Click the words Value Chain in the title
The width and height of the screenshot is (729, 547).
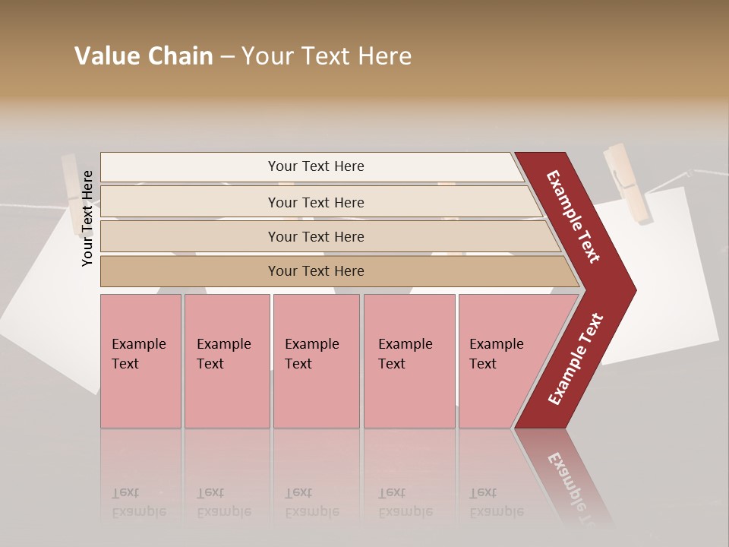click(x=144, y=56)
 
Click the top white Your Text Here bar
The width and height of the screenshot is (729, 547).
click(x=315, y=166)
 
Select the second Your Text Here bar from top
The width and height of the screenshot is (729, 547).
click(x=315, y=202)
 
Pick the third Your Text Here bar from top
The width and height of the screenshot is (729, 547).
click(x=315, y=236)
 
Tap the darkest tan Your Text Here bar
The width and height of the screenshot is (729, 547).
click(x=315, y=271)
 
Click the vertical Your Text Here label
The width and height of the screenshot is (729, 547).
click(x=87, y=218)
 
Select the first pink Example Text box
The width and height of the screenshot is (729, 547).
click(x=140, y=360)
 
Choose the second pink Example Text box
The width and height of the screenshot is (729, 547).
click(x=226, y=360)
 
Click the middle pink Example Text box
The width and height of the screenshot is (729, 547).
click(x=316, y=360)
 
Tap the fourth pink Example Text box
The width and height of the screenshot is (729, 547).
click(x=409, y=360)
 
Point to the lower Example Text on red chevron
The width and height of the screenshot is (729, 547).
click(x=576, y=359)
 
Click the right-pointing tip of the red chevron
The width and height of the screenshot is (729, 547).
click(x=631, y=290)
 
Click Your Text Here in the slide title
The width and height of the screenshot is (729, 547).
click(x=327, y=56)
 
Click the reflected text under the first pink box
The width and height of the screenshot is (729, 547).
click(x=139, y=502)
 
